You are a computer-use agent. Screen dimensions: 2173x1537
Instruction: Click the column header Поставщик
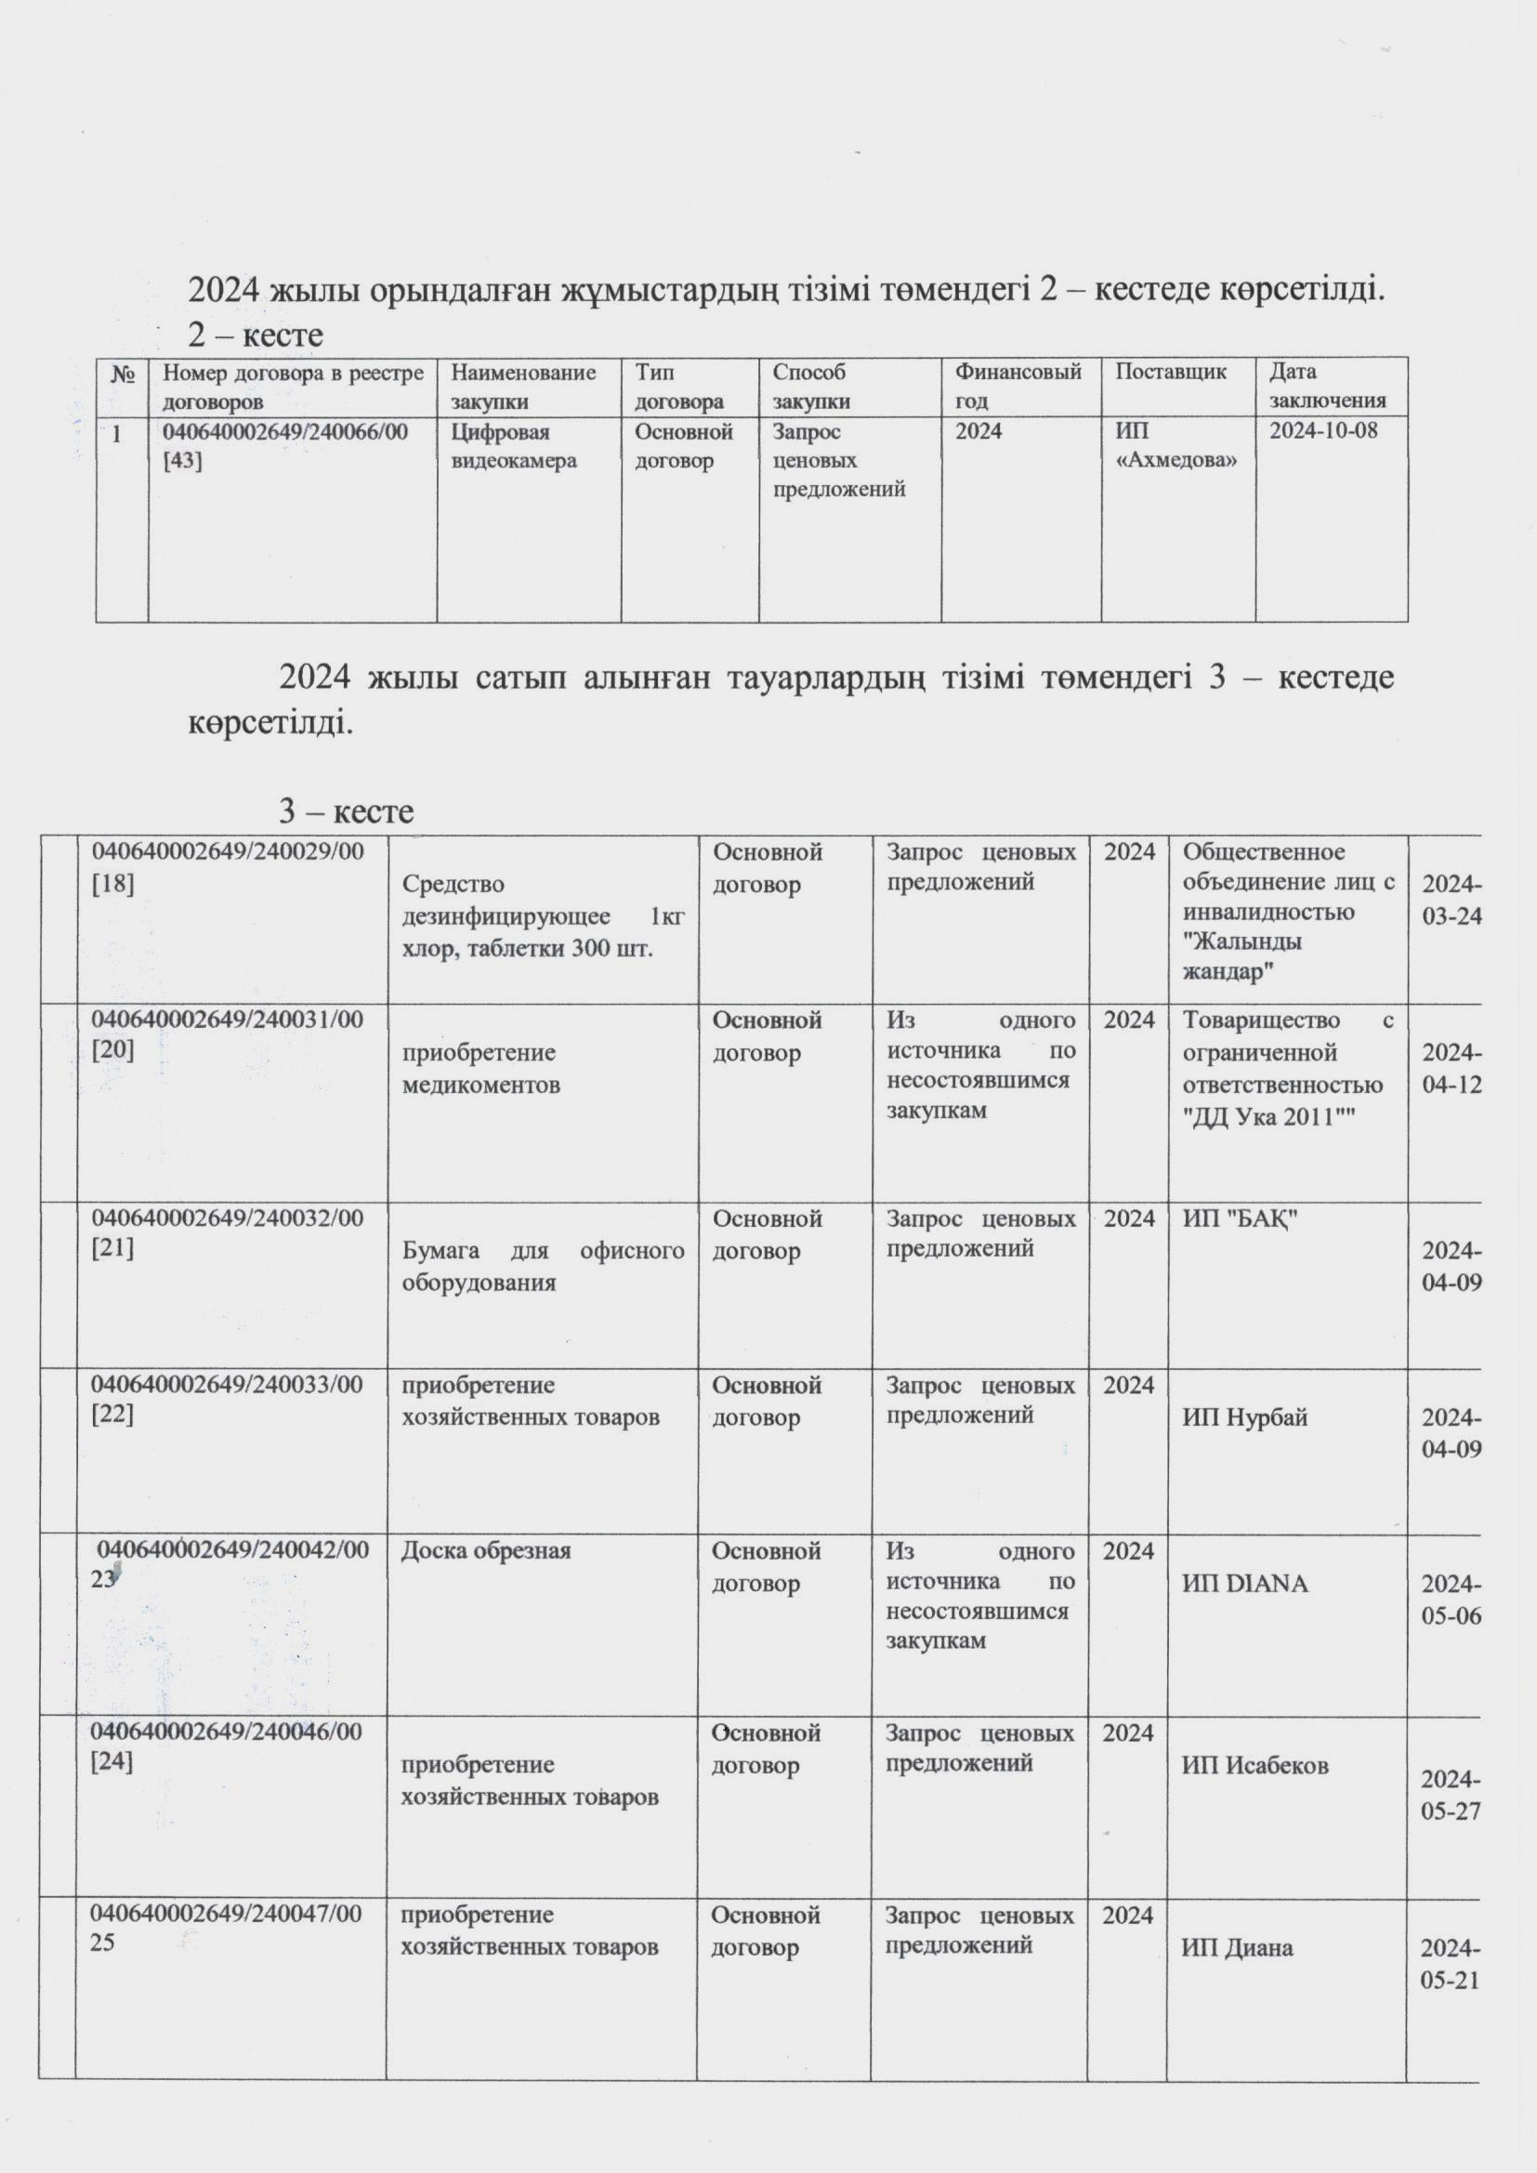[1171, 372]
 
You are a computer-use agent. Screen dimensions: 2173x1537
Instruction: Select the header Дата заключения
[1327, 386]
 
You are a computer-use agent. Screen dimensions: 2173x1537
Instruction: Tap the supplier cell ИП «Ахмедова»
[1176, 447]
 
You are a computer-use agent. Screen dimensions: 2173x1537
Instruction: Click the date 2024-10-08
[1323, 431]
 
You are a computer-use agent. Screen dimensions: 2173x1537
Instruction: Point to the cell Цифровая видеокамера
[514, 447]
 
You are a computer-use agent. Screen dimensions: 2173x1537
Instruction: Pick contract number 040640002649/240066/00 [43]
[285, 447]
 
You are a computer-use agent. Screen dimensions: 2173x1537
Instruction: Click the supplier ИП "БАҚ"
[1240, 1219]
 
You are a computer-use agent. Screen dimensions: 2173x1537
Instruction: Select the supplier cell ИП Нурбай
[1244, 1416]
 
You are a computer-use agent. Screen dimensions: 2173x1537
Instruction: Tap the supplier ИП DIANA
[1244, 1584]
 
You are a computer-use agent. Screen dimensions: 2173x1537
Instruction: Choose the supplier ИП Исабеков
[1255, 1764]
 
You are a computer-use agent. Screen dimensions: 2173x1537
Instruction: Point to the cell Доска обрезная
[485, 1551]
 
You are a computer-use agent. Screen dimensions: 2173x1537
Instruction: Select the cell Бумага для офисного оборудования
[544, 1266]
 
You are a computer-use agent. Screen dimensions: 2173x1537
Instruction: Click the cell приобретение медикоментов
[479, 1069]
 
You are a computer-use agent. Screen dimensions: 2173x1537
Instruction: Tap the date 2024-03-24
[1451, 900]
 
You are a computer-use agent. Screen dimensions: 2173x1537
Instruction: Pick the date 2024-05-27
[1450, 1796]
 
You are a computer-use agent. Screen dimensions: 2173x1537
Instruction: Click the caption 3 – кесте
[346, 811]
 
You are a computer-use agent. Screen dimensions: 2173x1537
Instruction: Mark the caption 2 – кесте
[256, 334]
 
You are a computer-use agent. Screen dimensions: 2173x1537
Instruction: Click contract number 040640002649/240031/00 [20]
[227, 1034]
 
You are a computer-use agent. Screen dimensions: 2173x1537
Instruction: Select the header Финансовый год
[1018, 386]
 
